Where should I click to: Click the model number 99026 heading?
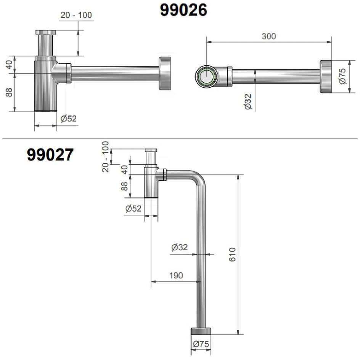183,10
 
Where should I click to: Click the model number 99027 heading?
50,154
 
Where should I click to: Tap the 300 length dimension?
268,36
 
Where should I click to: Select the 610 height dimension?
232,254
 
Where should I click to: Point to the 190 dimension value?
176,275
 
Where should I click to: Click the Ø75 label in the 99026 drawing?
342,76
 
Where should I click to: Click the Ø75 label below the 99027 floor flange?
201,344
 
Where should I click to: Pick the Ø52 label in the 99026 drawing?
68,119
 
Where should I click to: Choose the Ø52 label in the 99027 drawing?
133,209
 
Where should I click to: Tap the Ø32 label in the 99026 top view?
248,101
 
